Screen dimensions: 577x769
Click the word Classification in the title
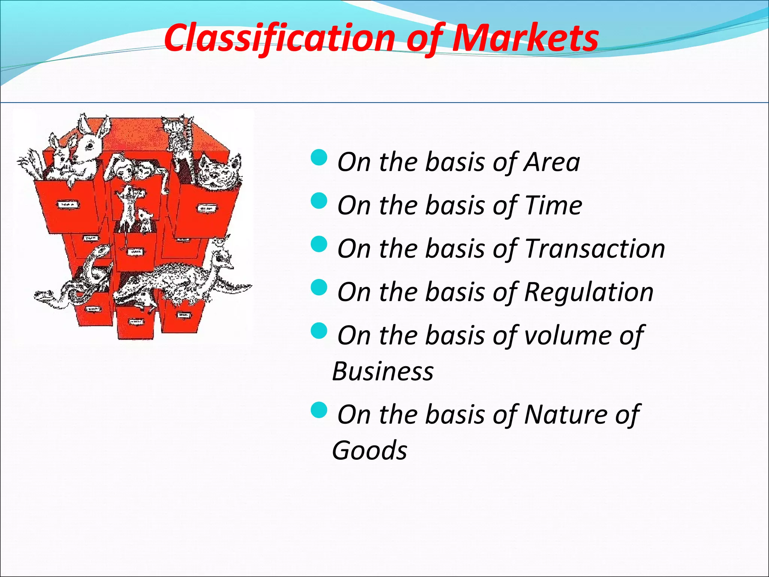point(280,38)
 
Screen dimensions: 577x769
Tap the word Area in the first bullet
point(552,162)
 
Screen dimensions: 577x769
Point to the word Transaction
point(595,249)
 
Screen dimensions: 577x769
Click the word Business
point(383,372)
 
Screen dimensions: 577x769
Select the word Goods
point(369,450)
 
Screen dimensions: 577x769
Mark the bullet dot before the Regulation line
point(320,287)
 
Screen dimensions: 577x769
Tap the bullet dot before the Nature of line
point(320,410)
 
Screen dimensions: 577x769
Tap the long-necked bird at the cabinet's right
point(222,259)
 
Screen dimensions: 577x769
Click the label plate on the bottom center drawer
point(136,322)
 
